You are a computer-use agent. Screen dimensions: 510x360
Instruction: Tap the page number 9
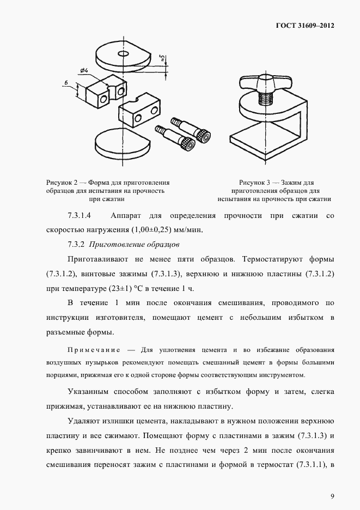coord(332,496)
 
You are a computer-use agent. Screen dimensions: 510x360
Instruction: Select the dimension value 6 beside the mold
coord(66,82)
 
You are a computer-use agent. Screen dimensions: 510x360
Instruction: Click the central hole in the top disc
coord(122,54)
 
